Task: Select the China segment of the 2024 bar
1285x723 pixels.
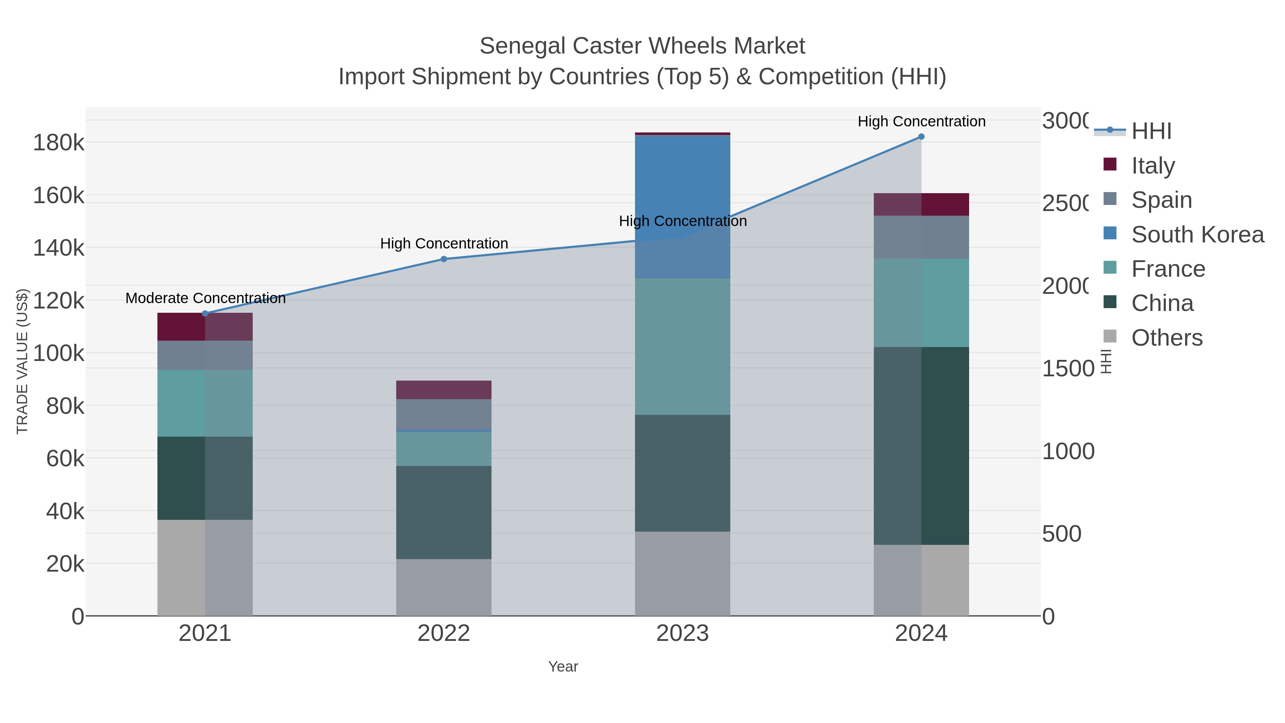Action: pyautogui.click(x=921, y=446)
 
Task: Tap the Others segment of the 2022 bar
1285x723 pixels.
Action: pyautogui.click(x=443, y=587)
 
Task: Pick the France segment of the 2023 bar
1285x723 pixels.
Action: pyautogui.click(x=682, y=346)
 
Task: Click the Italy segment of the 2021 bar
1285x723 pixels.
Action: pyautogui.click(x=205, y=327)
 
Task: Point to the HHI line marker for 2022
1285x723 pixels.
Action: pyautogui.click(x=443, y=259)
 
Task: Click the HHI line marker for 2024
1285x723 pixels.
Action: pyautogui.click(x=921, y=137)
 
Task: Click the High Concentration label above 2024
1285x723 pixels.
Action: pyautogui.click(x=921, y=121)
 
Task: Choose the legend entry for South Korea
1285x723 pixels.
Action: pyautogui.click(x=1197, y=235)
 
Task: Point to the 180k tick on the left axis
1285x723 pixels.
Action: pyautogui.click(x=59, y=143)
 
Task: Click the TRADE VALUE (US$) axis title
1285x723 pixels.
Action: pyautogui.click(x=22, y=361)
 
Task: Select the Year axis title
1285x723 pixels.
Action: pyautogui.click(x=563, y=667)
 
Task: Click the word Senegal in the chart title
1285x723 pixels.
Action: pyautogui.click(x=522, y=46)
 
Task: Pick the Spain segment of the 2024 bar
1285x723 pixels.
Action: pyautogui.click(x=921, y=237)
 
